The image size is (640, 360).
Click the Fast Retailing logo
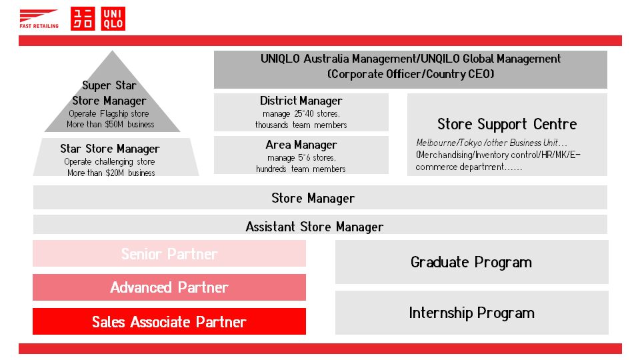[x=39, y=19]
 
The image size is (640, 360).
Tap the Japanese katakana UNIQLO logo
[x=83, y=19]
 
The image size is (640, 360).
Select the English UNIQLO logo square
[x=113, y=19]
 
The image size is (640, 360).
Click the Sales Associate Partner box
[x=169, y=321]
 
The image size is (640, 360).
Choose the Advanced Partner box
[x=169, y=287]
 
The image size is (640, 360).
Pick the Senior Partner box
[x=169, y=254]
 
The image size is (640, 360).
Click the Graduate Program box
[x=471, y=262]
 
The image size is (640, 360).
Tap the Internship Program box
[x=471, y=313]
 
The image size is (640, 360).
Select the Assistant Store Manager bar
[x=315, y=227]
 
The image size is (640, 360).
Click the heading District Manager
[x=301, y=101]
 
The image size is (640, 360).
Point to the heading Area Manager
[x=301, y=145]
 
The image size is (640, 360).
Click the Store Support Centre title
[x=507, y=124]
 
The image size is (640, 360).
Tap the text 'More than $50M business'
[x=111, y=125]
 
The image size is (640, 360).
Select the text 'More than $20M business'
[x=111, y=173]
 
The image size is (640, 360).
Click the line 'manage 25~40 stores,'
[x=301, y=113]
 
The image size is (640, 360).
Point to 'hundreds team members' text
[x=301, y=169]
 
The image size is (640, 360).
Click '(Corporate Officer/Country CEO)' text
[x=411, y=75]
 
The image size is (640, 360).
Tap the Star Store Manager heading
[x=109, y=149]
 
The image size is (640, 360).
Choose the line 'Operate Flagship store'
[x=109, y=113]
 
